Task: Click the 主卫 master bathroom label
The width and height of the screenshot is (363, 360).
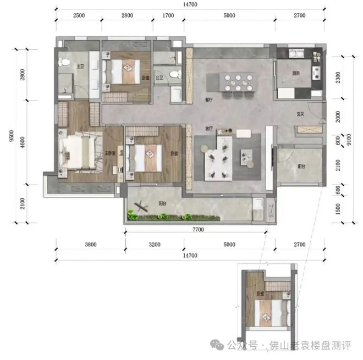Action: point(80,67)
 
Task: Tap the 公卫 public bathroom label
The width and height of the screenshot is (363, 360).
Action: point(159,78)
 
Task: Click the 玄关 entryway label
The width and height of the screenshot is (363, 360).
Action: point(301,114)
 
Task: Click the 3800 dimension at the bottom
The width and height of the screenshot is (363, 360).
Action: point(91,244)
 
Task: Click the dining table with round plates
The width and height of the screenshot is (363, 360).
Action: point(237,82)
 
